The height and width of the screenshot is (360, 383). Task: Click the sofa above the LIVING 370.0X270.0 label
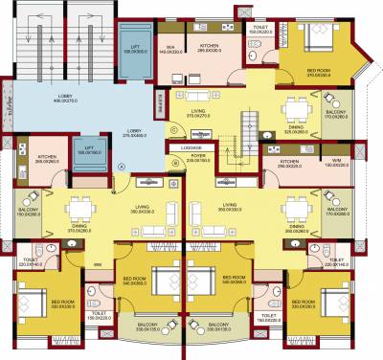tap(198, 96)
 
